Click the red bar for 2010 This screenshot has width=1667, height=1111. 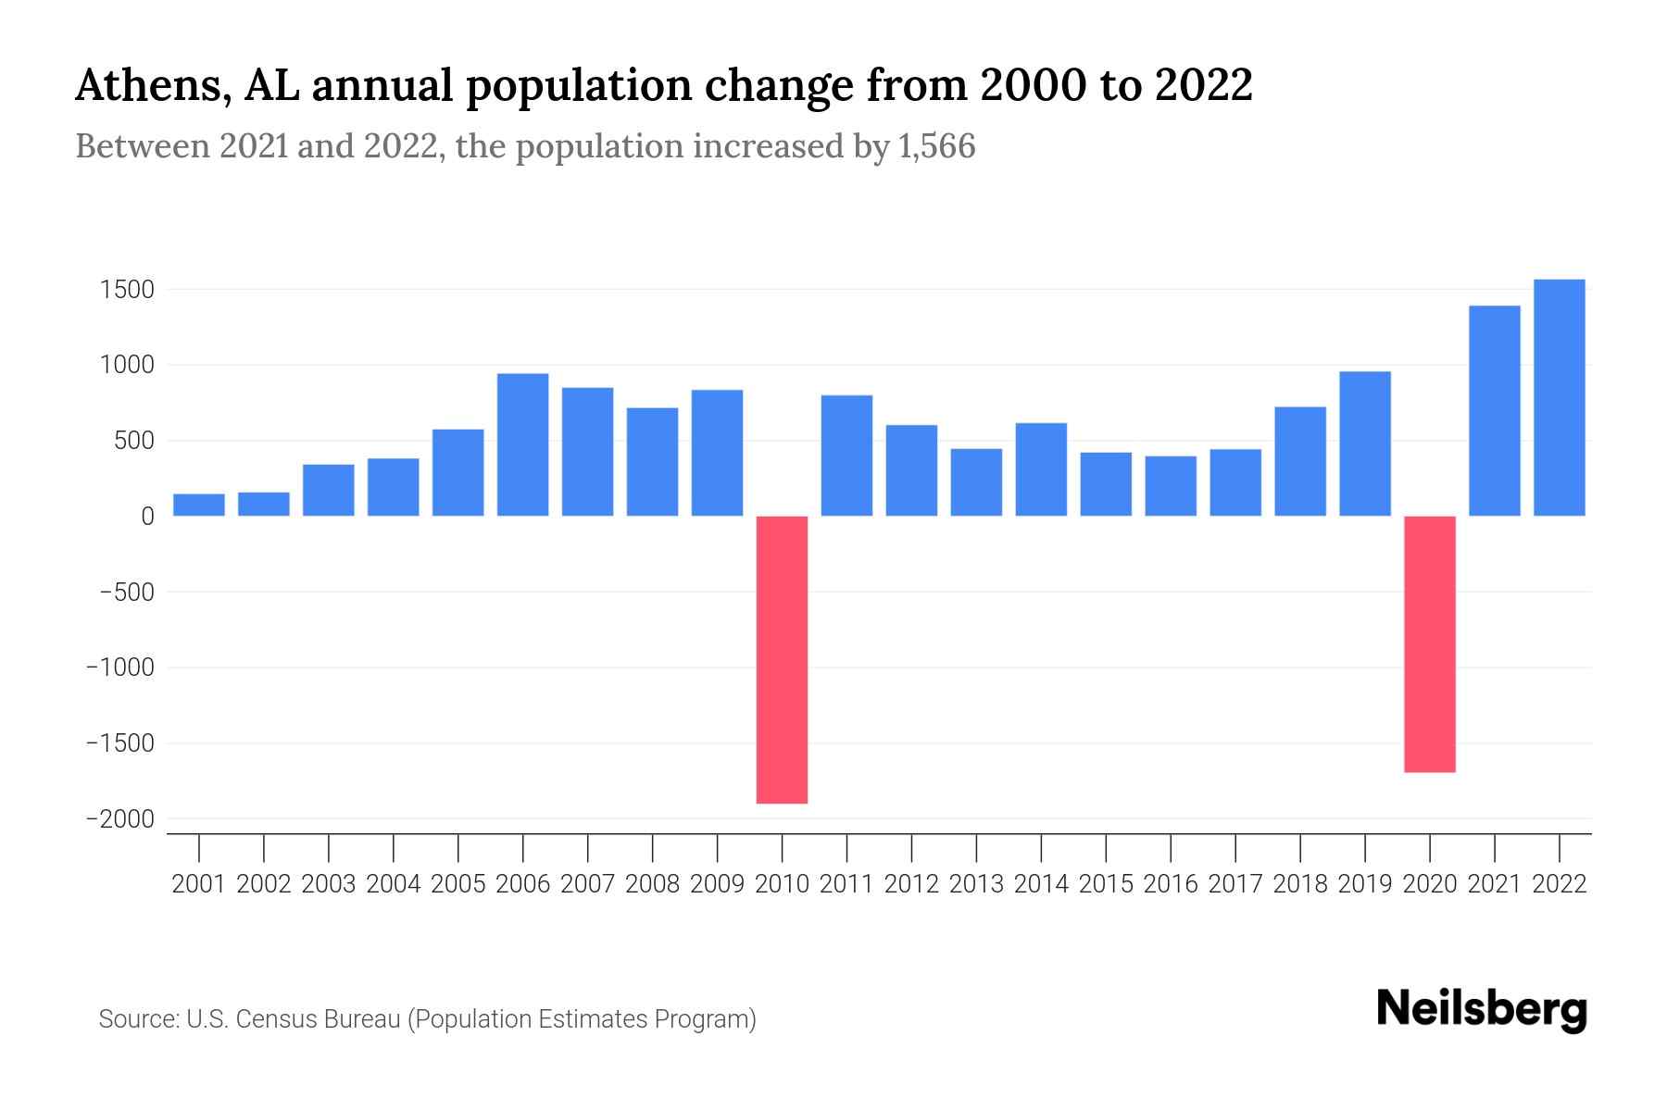click(782, 659)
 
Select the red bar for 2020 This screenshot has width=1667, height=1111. click(1429, 643)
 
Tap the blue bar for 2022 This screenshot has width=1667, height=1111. click(1559, 397)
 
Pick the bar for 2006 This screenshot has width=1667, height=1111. click(522, 444)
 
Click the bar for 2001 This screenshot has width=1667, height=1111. click(199, 505)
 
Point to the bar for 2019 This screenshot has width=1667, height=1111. click(1364, 443)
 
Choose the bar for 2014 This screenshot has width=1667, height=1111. click(1041, 469)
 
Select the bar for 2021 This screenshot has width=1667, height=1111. click(1494, 410)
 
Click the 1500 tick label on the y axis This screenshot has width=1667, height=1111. click(127, 290)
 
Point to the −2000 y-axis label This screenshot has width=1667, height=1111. click(119, 819)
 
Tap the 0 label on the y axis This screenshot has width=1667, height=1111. click(147, 517)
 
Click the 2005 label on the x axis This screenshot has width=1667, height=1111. click(458, 884)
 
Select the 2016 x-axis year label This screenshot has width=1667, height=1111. click(1171, 884)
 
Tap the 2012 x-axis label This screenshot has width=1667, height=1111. click(911, 884)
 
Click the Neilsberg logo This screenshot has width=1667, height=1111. click(1482, 1009)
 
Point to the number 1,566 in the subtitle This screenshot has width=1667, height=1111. click(936, 147)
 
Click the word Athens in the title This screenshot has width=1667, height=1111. click(147, 86)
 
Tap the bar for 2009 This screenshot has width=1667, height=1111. click(717, 453)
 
